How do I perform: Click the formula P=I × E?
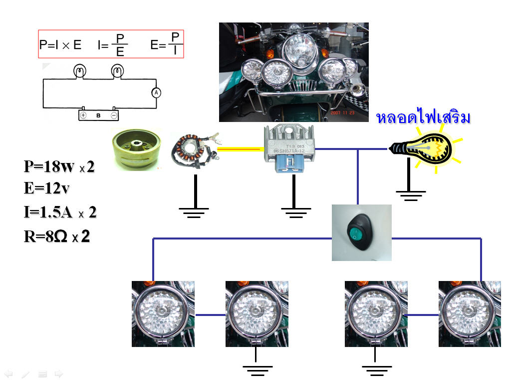(60, 44)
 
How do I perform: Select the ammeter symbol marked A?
(155, 92)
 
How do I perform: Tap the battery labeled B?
(98, 114)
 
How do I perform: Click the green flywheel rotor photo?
(136, 149)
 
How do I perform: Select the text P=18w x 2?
(59, 167)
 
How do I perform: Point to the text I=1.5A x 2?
(60, 212)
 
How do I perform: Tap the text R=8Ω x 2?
(57, 236)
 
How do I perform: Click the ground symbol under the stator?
(195, 212)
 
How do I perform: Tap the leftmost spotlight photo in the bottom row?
(163, 314)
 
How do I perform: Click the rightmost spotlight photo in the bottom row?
(470, 314)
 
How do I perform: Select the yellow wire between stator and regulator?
(240, 148)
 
